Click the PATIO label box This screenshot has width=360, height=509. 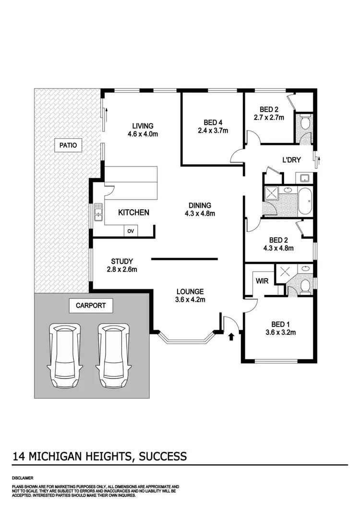(x=68, y=144)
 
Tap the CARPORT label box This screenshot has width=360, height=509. (x=91, y=305)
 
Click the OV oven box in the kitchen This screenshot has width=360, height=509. (x=131, y=231)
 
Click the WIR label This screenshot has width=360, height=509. (x=262, y=281)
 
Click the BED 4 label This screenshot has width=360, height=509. (x=213, y=122)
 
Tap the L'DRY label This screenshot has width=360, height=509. (x=291, y=160)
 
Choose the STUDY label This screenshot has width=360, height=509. (x=122, y=261)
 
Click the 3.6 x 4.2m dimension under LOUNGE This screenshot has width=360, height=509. (x=190, y=300)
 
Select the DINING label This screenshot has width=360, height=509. (x=200, y=205)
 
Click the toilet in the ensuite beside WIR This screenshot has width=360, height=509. (x=304, y=287)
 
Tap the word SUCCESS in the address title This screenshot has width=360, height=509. (x=163, y=456)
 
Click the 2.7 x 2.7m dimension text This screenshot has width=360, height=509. (x=269, y=117)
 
